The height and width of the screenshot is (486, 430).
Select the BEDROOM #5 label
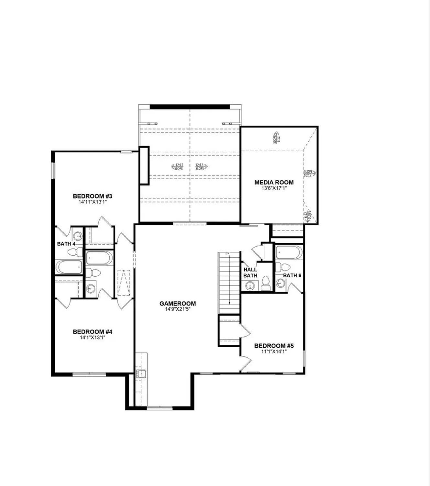tap(274, 345)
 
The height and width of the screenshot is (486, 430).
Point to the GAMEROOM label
tap(177, 304)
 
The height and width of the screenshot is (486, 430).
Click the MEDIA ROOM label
tap(274, 182)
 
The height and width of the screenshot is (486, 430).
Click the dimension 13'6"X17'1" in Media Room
tap(274, 188)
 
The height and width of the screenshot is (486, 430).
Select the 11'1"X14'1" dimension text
tap(274, 351)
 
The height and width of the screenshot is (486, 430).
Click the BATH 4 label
tap(66, 244)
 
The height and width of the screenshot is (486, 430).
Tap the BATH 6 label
tap(292, 275)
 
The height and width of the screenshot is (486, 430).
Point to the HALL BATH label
tap(250, 272)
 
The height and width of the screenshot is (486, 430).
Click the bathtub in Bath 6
tap(289, 252)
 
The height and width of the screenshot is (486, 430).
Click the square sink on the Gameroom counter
tap(141, 374)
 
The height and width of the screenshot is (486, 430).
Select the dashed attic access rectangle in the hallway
tap(124, 283)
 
